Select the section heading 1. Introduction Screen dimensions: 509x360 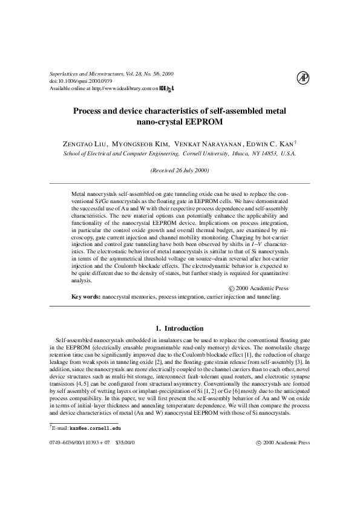coord(180,328)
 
